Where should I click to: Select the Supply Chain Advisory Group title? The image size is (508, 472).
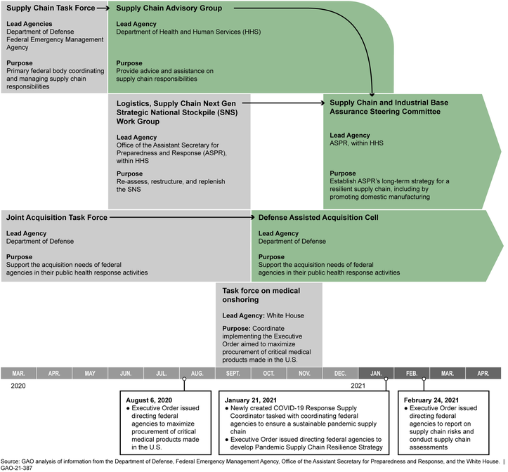point(169,8)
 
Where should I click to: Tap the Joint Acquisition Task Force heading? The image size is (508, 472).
point(57,218)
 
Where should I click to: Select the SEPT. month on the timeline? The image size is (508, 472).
point(233,373)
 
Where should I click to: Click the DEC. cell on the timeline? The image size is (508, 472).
point(340,373)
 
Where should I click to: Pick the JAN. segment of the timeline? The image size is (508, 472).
point(376,373)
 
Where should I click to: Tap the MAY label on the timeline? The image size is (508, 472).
point(90,373)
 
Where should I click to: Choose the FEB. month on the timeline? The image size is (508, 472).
point(412,373)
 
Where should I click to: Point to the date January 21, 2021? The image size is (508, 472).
point(256,399)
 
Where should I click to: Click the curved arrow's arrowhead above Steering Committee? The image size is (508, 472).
point(371,93)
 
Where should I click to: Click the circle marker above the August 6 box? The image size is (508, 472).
point(184,380)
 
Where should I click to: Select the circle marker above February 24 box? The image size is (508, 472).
point(424,380)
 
